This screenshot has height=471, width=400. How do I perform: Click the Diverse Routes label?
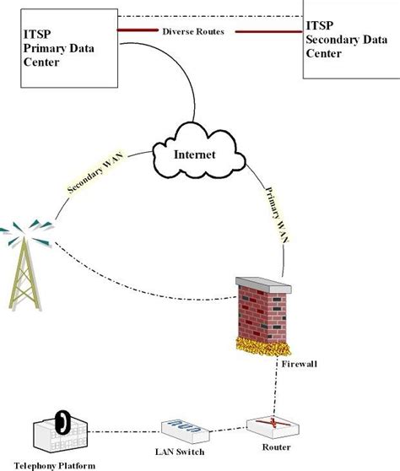tap(194, 31)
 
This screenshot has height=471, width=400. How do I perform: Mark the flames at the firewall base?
tap(262, 346)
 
